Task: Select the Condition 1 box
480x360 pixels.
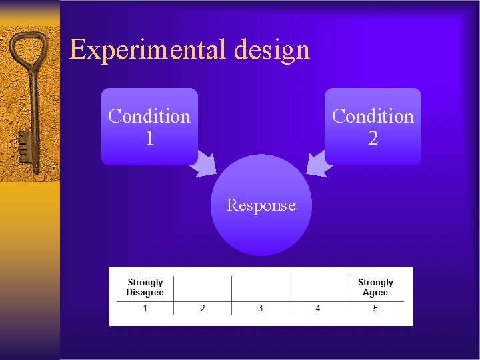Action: (x=149, y=126)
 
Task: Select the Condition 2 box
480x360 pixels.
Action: (x=373, y=126)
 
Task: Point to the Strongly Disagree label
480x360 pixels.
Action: (x=145, y=287)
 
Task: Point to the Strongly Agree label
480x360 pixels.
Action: (x=375, y=287)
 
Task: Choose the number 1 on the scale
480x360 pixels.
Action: (x=145, y=308)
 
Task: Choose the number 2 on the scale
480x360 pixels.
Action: (x=203, y=308)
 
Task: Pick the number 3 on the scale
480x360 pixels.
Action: (x=260, y=308)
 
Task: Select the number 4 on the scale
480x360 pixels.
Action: (x=318, y=308)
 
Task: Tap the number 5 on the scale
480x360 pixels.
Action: (x=375, y=308)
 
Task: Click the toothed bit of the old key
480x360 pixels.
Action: (x=23, y=146)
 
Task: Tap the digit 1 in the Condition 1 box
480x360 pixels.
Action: (x=149, y=139)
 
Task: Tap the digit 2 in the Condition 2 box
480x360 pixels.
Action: (x=373, y=139)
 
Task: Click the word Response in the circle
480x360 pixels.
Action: (x=261, y=205)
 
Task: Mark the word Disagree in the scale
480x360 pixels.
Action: (x=145, y=293)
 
